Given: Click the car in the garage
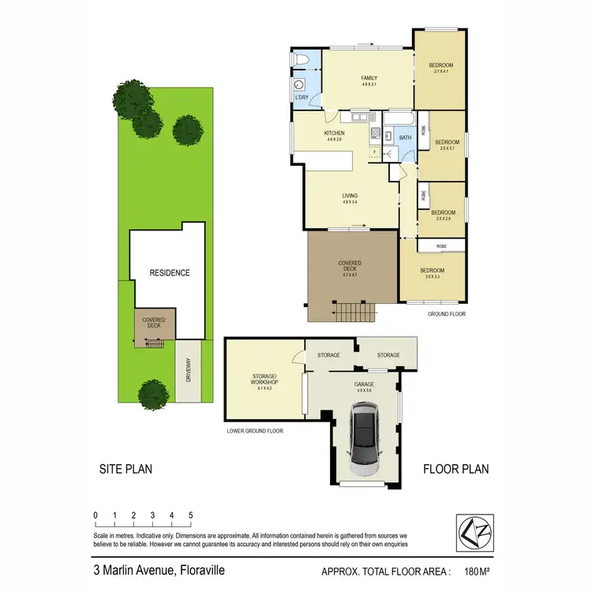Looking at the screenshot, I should click(365, 438).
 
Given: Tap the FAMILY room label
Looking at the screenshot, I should click(369, 78).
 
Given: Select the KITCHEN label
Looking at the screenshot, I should click(335, 133).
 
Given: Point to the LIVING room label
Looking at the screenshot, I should click(350, 196).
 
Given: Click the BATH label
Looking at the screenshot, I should click(405, 138).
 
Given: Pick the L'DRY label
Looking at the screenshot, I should click(302, 97).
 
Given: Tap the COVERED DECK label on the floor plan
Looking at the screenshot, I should click(350, 265).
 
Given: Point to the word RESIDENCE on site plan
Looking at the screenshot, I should click(170, 273).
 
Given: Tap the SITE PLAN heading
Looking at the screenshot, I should click(126, 469).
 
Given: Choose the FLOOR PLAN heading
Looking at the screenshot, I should click(456, 469).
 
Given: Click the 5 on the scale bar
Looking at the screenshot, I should click(191, 515).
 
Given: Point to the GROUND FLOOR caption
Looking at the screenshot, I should click(447, 313).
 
